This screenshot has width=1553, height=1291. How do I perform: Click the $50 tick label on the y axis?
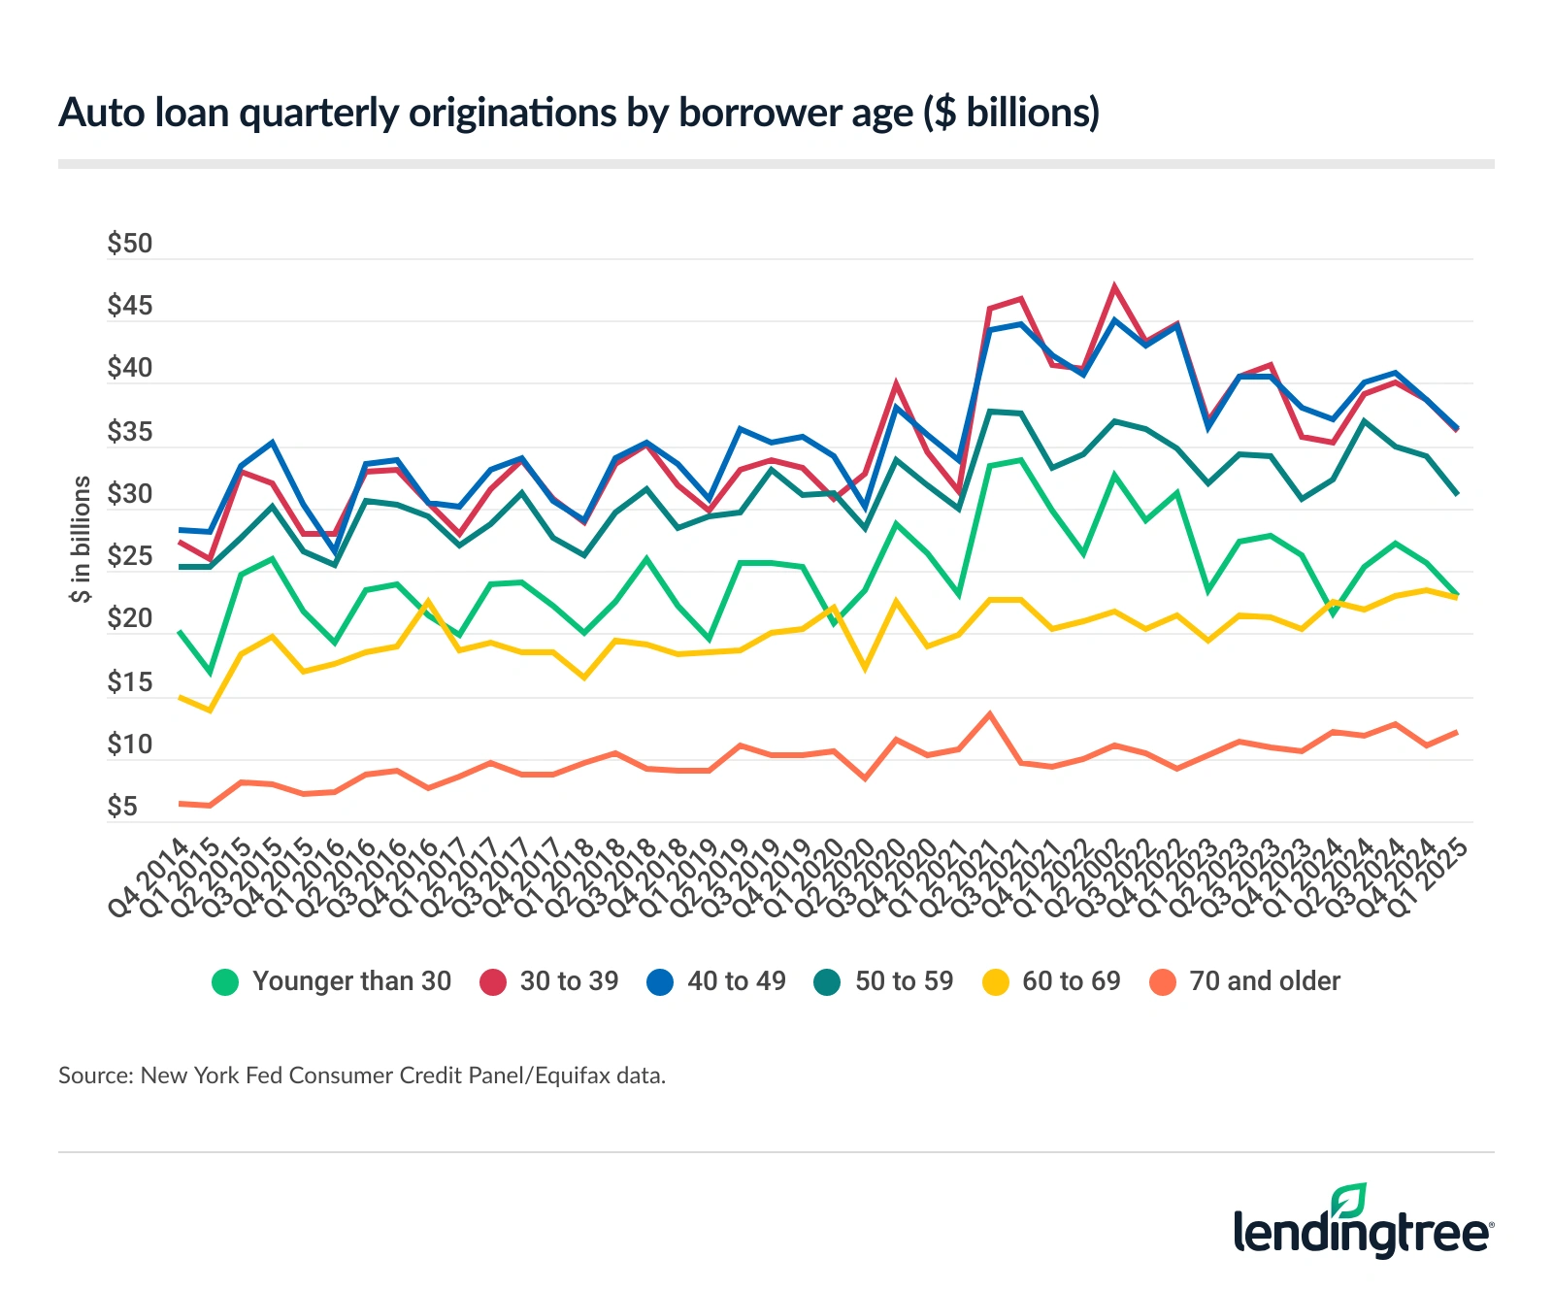[130, 244]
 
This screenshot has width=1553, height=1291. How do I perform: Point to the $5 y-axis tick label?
[122, 807]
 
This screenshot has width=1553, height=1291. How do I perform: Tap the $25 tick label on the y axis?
[130, 556]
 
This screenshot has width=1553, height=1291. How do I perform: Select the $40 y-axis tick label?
[130, 368]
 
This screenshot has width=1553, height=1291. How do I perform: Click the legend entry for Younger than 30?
[332, 981]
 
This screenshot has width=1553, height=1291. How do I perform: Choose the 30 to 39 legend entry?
[550, 981]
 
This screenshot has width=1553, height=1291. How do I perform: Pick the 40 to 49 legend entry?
[717, 981]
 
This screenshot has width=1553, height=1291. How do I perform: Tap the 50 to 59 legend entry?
[884, 981]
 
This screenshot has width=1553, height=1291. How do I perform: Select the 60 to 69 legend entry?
[1052, 981]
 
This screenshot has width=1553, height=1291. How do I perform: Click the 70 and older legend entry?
[1245, 981]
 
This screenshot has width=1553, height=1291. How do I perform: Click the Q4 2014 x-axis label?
[149, 878]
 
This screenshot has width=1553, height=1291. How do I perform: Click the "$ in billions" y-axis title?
[82, 539]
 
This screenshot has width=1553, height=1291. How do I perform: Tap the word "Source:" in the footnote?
[95, 1076]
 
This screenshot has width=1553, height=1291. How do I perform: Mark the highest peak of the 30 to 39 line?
[1115, 286]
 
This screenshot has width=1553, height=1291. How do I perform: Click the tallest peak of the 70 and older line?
[989, 714]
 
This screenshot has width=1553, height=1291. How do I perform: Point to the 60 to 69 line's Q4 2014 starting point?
[180, 697]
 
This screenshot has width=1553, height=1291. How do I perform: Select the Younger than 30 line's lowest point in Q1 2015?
[210, 673]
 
